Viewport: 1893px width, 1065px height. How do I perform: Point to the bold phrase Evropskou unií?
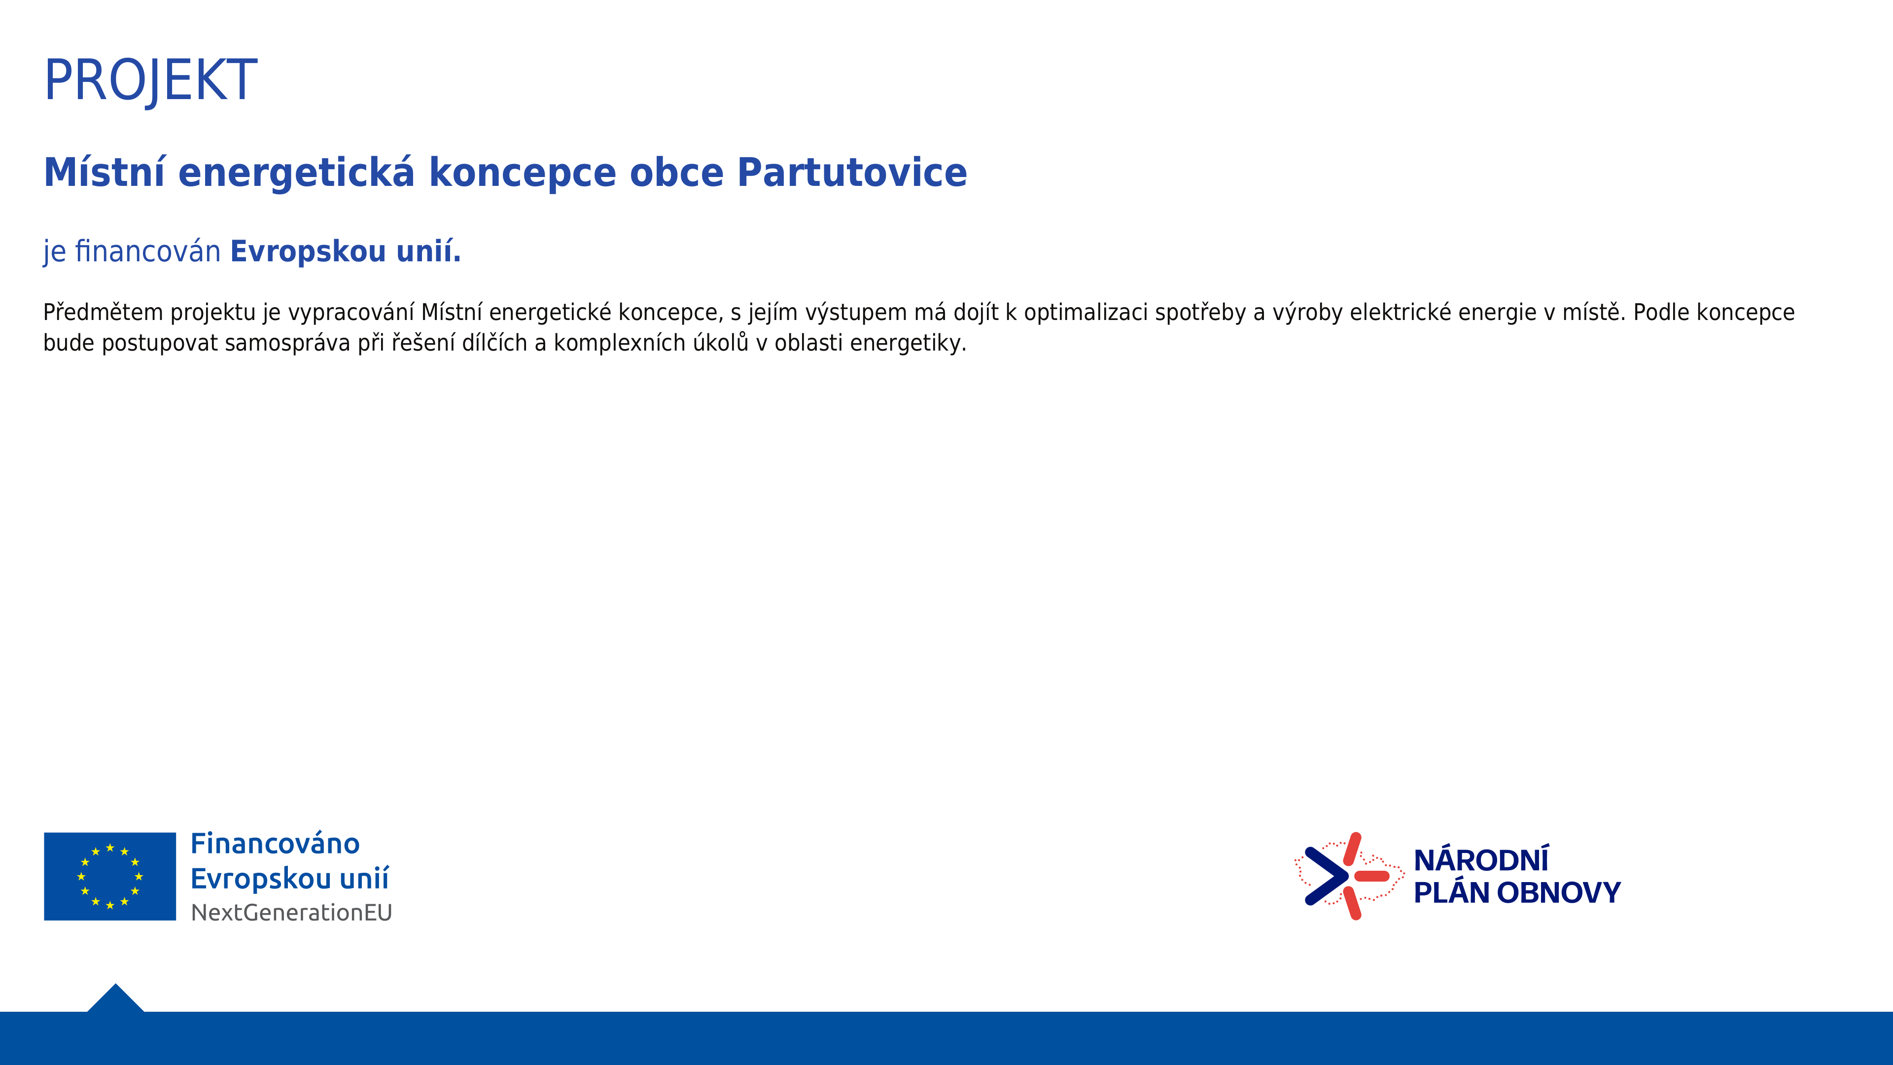point(346,251)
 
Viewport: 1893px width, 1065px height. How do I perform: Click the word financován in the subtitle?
point(148,251)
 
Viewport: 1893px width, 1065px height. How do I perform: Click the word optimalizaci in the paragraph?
point(1086,313)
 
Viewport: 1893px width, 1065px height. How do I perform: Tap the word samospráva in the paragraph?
point(287,343)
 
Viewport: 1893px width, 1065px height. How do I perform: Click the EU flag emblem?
point(110,876)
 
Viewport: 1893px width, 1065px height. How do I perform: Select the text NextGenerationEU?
point(292,912)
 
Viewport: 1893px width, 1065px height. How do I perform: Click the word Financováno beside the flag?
point(275,843)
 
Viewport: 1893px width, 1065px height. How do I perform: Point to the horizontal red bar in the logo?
point(1371,876)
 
